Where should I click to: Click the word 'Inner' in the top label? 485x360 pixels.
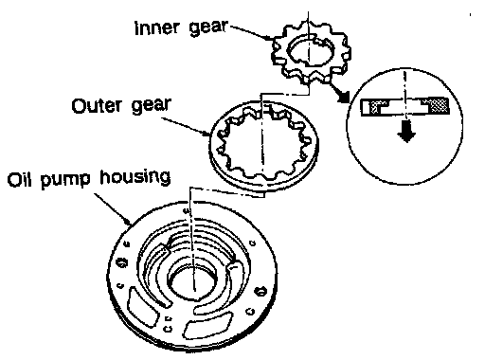click(x=156, y=27)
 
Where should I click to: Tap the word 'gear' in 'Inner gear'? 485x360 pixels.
click(x=207, y=27)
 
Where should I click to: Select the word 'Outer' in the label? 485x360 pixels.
click(x=97, y=105)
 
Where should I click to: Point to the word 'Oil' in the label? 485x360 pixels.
click(x=20, y=179)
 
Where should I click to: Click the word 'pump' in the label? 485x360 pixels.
click(x=65, y=180)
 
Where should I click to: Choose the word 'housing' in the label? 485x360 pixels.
click(x=135, y=178)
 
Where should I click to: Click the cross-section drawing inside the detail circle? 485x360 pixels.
click(x=405, y=107)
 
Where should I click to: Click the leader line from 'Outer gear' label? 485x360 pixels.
click(x=187, y=127)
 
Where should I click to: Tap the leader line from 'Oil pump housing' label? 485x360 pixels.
click(x=113, y=209)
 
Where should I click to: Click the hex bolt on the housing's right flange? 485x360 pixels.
click(x=260, y=291)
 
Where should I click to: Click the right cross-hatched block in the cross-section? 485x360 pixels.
click(x=438, y=105)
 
